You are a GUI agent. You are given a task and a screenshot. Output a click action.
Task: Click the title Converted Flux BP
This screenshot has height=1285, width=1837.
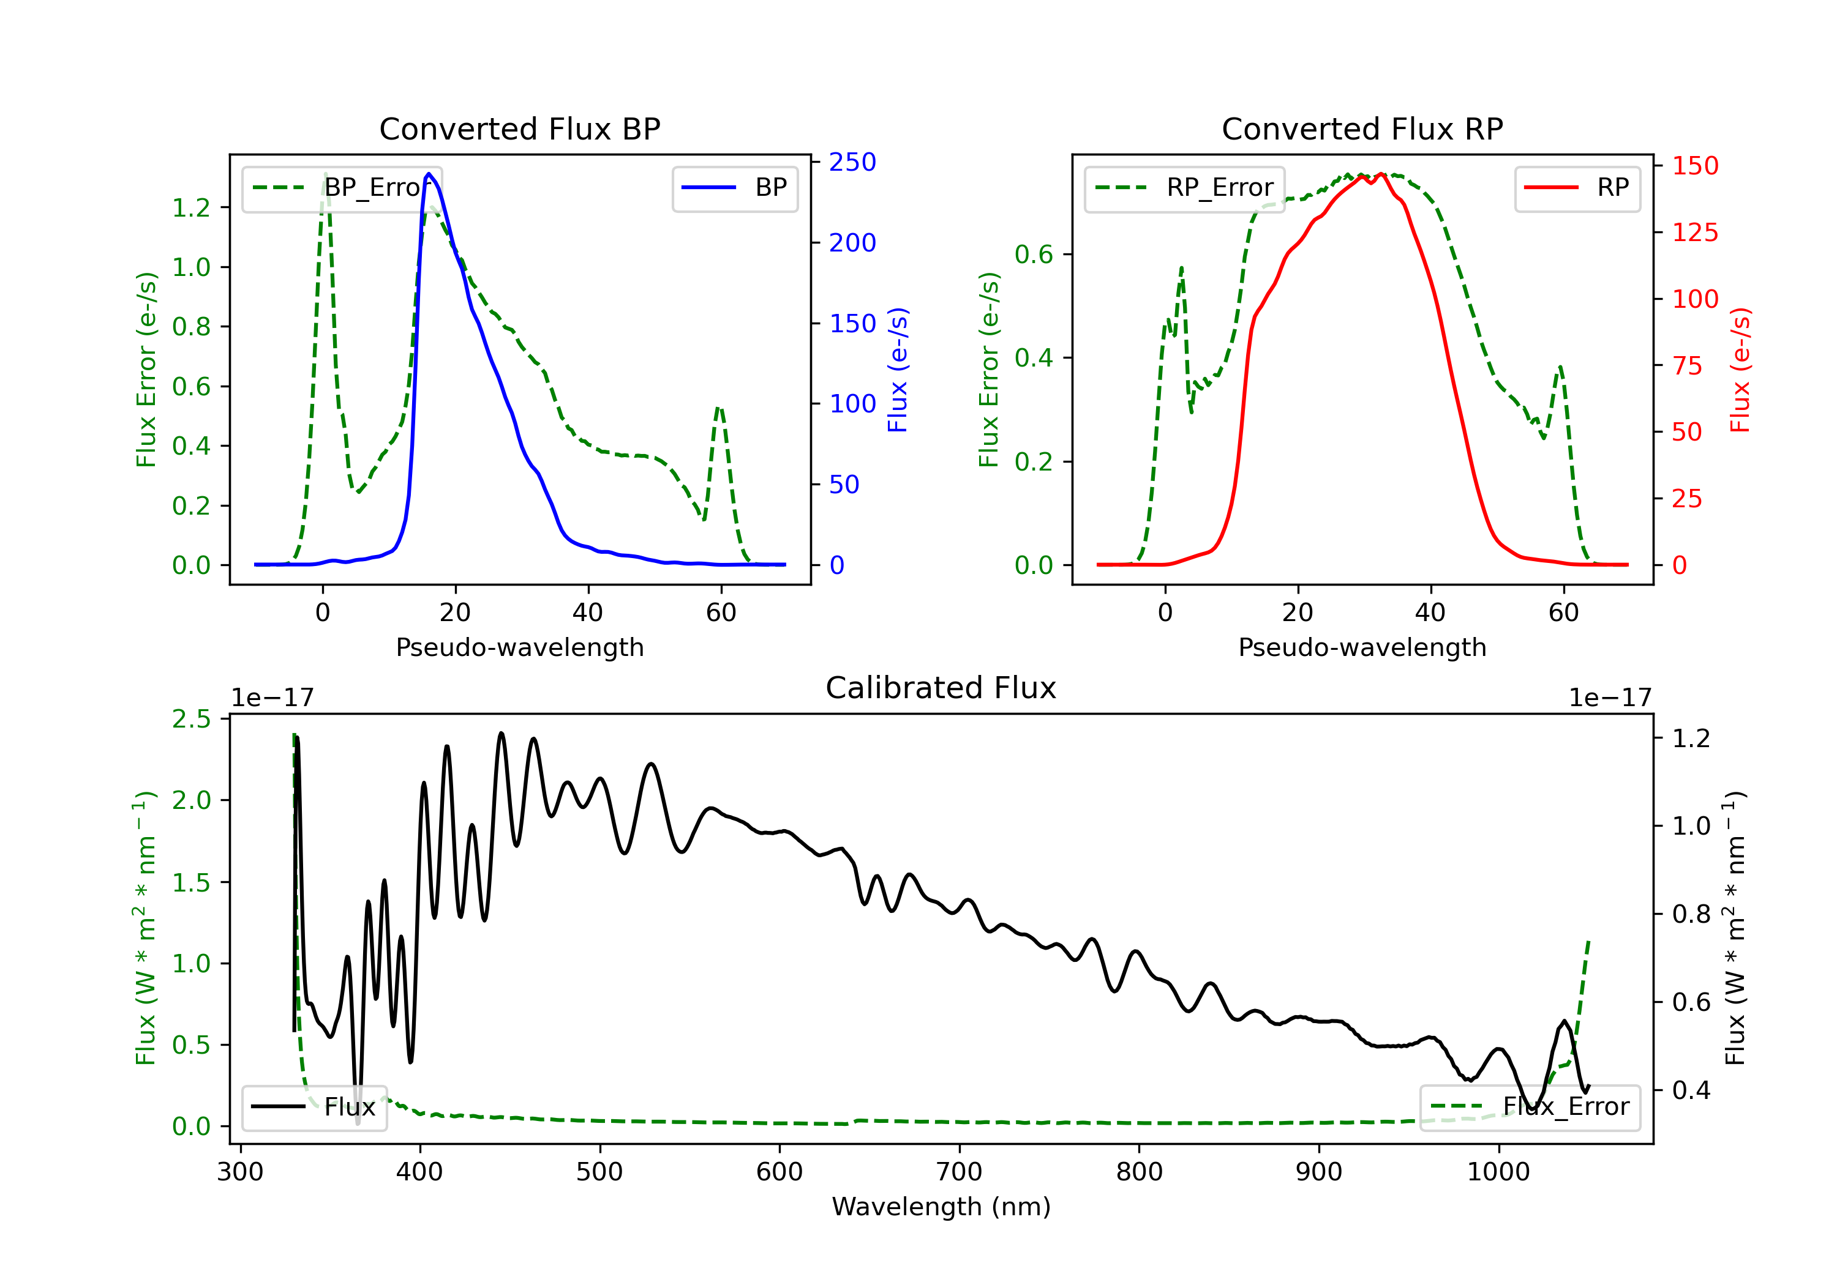point(519,128)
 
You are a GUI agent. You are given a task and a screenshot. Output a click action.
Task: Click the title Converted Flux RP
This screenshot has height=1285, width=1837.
point(1362,128)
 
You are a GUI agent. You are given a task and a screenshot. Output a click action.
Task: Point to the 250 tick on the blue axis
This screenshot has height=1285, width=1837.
point(852,162)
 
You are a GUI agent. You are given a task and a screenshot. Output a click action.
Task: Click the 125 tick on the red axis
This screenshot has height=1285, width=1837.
point(1694,233)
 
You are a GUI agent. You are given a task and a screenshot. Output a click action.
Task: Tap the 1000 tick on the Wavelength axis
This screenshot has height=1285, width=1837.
point(1498,1172)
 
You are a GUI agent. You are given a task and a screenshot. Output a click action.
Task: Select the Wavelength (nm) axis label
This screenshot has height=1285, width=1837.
point(941,1207)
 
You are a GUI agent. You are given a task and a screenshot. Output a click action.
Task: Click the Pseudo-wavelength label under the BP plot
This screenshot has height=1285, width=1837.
point(519,647)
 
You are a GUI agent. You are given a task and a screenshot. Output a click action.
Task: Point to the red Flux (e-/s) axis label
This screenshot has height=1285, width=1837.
point(1740,370)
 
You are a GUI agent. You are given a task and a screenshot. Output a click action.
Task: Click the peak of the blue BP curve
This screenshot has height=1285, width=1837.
point(429,174)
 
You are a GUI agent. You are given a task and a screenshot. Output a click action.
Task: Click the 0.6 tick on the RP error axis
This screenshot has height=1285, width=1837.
point(1034,255)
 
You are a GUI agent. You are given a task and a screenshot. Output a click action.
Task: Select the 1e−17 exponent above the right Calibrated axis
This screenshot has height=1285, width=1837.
point(1609,698)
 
